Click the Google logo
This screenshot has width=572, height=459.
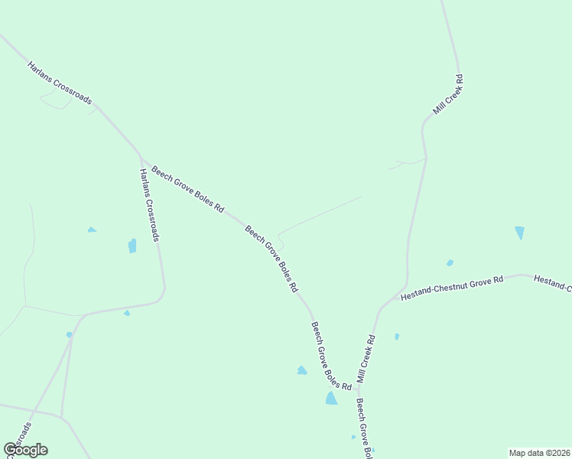(26, 450)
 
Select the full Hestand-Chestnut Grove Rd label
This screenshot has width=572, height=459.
(452, 288)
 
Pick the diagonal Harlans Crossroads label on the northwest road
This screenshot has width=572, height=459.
(60, 83)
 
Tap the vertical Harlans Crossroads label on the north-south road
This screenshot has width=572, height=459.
(148, 205)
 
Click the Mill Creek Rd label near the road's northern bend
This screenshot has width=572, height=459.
(448, 95)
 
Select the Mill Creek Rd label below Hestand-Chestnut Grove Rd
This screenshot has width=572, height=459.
(366, 359)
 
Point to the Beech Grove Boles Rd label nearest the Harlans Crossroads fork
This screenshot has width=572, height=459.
(187, 189)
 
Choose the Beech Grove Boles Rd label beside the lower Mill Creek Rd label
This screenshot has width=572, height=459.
(330, 355)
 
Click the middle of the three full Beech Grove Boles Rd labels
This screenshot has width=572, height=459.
(271, 259)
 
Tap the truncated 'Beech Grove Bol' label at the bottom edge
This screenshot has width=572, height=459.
(363, 429)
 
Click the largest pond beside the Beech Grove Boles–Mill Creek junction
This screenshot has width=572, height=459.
(331, 398)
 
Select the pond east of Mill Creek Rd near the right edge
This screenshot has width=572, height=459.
(520, 233)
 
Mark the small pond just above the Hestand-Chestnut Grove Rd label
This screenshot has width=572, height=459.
(450, 263)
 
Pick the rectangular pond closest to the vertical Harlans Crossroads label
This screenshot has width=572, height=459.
(132, 246)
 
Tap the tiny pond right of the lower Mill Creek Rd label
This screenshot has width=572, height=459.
(396, 337)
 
